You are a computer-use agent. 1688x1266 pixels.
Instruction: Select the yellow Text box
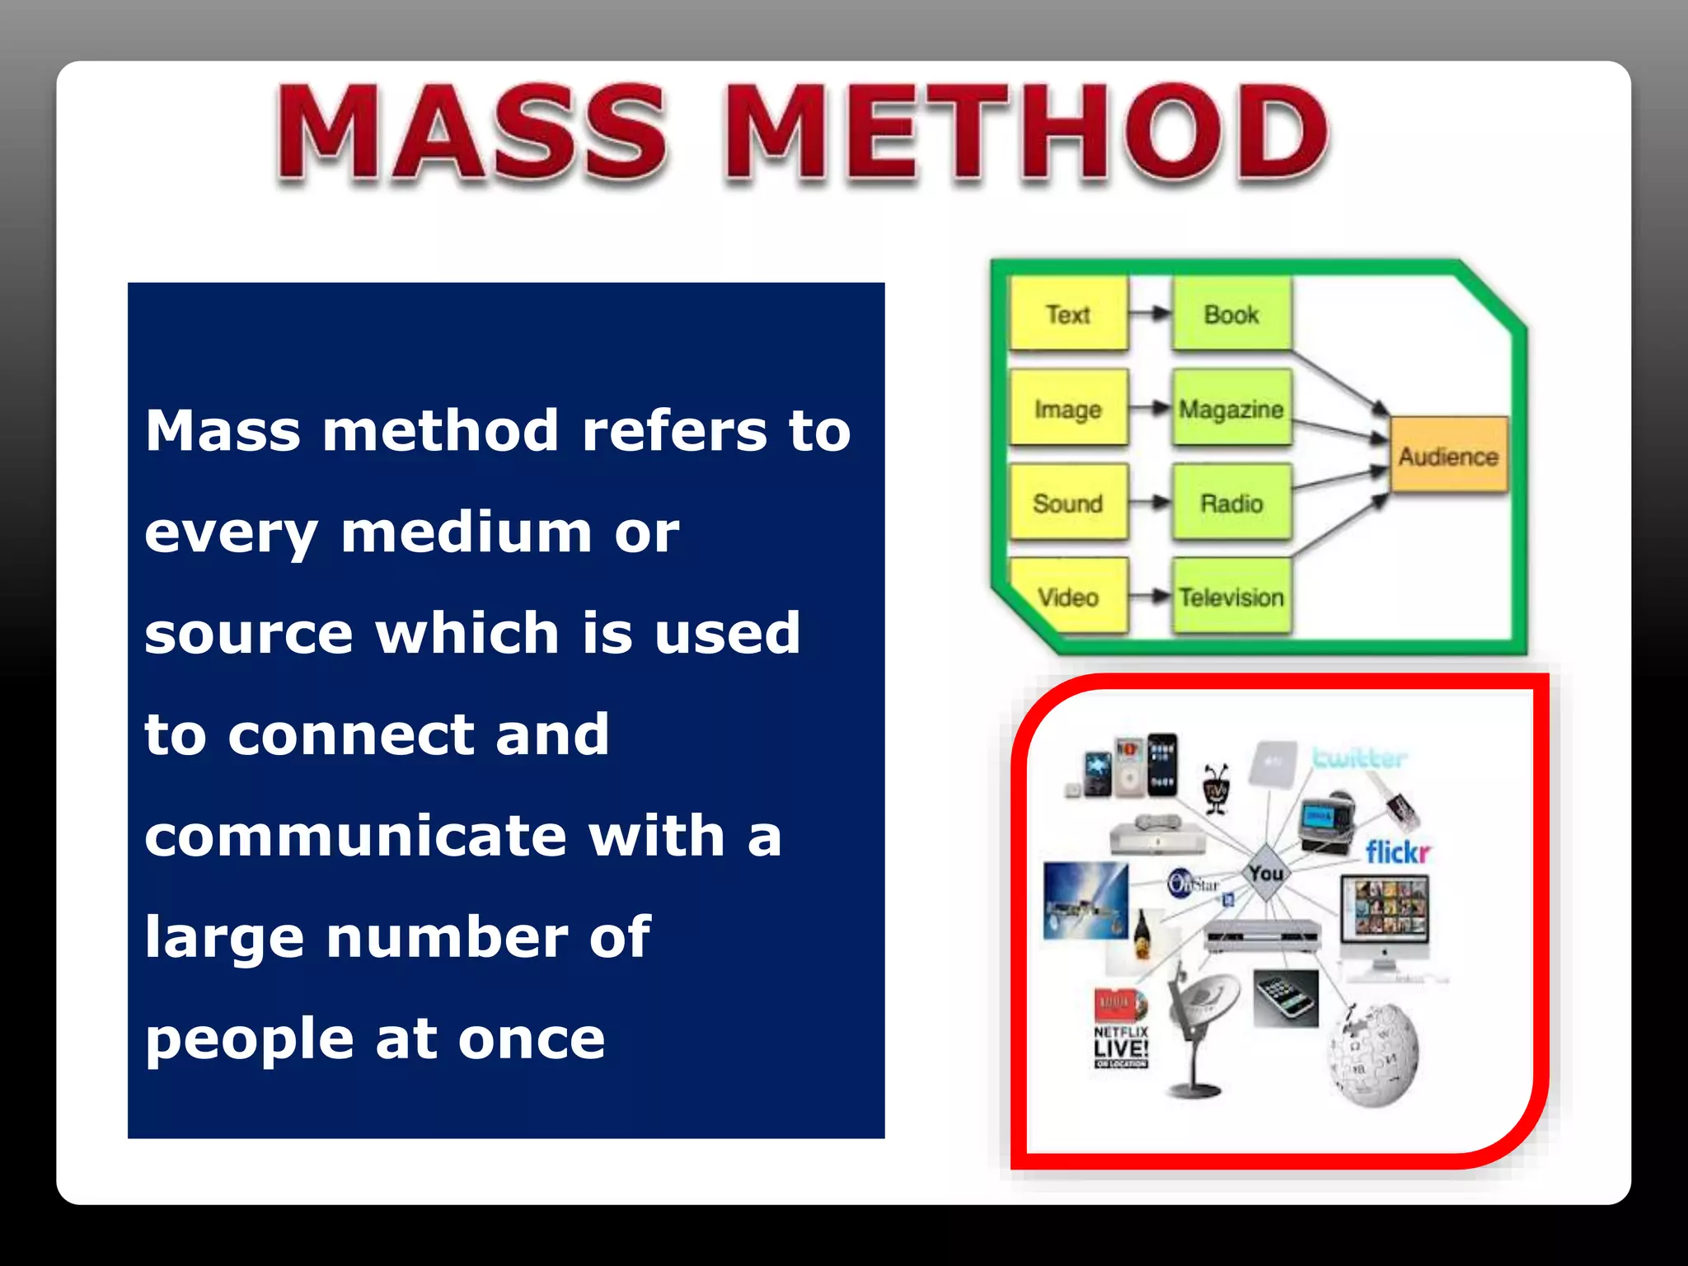coord(1068,314)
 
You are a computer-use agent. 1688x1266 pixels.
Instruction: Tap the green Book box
coord(1231,314)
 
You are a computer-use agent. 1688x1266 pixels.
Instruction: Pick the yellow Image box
coord(1068,409)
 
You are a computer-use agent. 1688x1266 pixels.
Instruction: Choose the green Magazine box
coord(1231,409)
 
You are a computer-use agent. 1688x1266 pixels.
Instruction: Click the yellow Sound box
coord(1068,503)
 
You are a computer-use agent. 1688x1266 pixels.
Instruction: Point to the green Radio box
coord(1231,503)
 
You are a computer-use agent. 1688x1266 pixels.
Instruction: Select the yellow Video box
coord(1068,597)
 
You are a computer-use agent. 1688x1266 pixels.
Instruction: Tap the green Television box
coord(1231,597)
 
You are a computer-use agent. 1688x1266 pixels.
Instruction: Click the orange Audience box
coord(1448,456)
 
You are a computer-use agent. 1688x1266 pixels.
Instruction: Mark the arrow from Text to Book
coord(1150,313)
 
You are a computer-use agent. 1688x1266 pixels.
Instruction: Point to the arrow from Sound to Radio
coord(1150,502)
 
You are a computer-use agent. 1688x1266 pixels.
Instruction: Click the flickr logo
coord(1398,851)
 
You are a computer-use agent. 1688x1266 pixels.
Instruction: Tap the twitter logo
coord(1359,757)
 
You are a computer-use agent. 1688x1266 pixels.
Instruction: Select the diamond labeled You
coord(1266,873)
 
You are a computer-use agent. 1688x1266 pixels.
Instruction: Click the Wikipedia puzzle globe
coord(1373,1054)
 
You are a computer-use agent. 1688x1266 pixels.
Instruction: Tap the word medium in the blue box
coord(467,532)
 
